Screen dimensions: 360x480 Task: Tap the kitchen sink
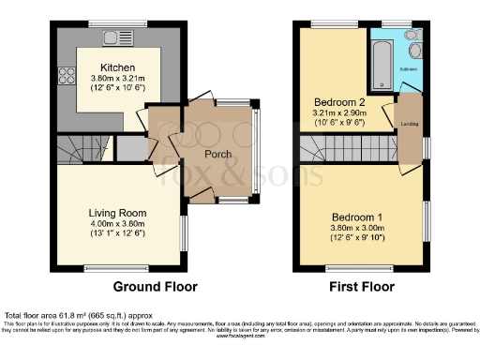[117, 39]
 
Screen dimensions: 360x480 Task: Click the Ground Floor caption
[151, 286]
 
